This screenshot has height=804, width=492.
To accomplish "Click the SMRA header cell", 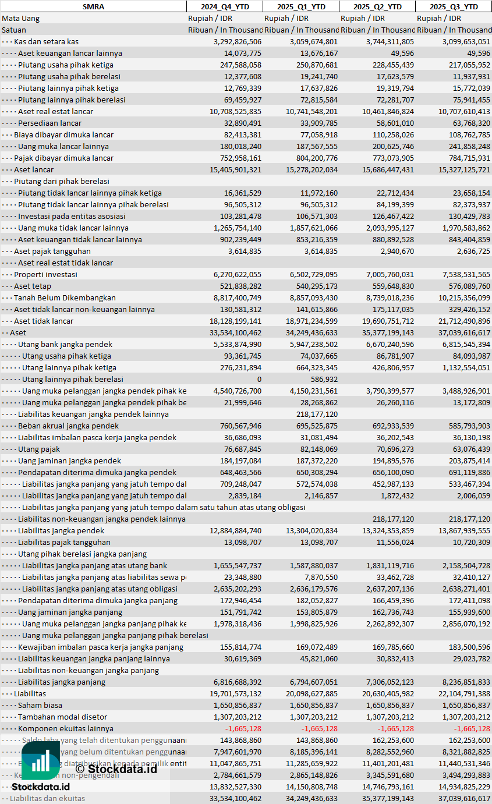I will [x=93, y=6].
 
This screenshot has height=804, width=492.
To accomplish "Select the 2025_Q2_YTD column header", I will [x=377, y=6].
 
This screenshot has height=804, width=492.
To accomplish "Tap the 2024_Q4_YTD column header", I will [x=224, y=6].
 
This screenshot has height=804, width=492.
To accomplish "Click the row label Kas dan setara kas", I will [x=46, y=41].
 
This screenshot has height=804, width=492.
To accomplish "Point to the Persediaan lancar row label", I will [x=49, y=123].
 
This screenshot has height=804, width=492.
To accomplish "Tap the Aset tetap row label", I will [x=33, y=286].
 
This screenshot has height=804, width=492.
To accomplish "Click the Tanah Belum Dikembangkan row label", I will [x=65, y=297].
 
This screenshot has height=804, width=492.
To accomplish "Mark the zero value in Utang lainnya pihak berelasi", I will [x=259, y=379].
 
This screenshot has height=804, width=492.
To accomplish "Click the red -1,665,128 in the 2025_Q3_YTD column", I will [x=469, y=728].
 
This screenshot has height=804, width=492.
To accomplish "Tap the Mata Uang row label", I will [x=20, y=18].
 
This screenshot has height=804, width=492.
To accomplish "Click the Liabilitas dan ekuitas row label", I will [x=47, y=798].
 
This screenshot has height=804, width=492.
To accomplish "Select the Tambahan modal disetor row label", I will [x=62, y=717].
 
